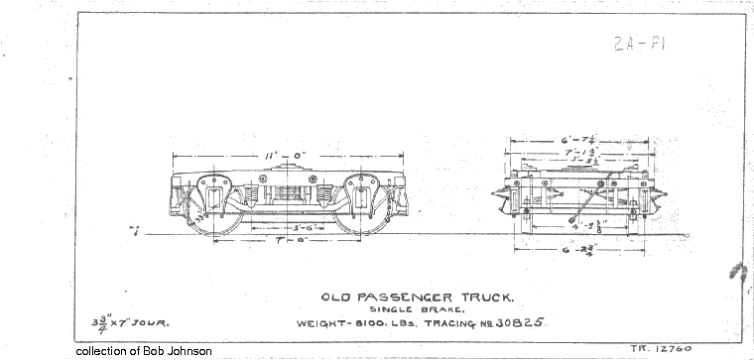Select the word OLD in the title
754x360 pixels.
pyautogui.click(x=339, y=297)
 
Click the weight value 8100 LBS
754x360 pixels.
pyautogui.click(x=374, y=324)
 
